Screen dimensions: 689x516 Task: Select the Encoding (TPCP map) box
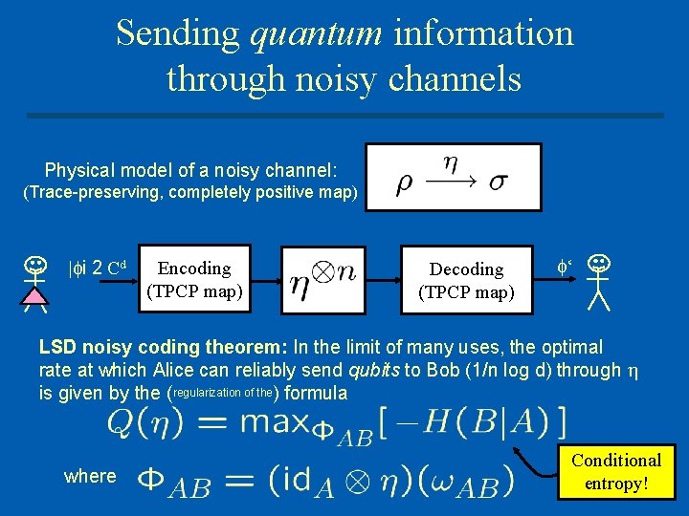194,278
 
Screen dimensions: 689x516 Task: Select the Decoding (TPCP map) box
466,280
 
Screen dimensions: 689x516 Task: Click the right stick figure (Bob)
599,281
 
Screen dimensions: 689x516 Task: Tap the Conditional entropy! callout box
615,472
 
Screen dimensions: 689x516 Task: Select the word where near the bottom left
90,476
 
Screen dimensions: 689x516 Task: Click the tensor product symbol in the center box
322,271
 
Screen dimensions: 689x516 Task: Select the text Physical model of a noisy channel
190,170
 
